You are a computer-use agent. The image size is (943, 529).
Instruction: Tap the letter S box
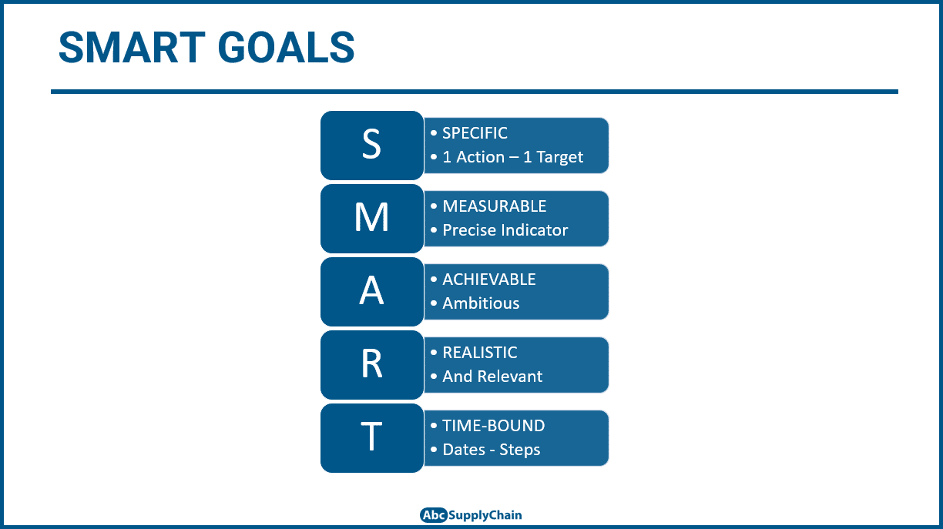pyautogui.click(x=371, y=145)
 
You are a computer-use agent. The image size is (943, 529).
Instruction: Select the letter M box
pyautogui.click(x=371, y=218)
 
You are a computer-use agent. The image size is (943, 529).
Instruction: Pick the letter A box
pyautogui.click(x=371, y=291)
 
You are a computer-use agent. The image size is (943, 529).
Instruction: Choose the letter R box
pyautogui.click(x=371, y=364)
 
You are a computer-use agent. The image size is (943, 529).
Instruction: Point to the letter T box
pyautogui.click(x=371, y=437)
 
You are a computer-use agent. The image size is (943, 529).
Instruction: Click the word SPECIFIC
pyautogui.click(x=475, y=133)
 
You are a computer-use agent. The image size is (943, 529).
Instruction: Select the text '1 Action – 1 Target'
pyautogui.click(x=512, y=157)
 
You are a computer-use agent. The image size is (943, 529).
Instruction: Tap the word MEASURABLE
pyautogui.click(x=494, y=206)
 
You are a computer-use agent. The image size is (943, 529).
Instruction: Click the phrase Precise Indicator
pyautogui.click(x=505, y=230)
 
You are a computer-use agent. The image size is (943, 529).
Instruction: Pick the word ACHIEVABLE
pyautogui.click(x=488, y=280)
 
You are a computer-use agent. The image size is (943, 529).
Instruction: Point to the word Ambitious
pyautogui.click(x=481, y=303)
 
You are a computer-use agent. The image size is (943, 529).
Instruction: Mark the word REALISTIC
pyautogui.click(x=479, y=353)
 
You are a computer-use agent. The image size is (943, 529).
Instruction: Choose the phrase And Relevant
pyautogui.click(x=492, y=377)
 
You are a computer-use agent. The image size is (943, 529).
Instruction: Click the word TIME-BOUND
pyautogui.click(x=493, y=426)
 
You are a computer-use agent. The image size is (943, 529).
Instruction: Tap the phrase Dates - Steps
pyautogui.click(x=491, y=450)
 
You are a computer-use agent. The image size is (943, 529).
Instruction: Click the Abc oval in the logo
pyautogui.click(x=434, y=515)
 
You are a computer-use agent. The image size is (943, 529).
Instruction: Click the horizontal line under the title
pyautogui.click(x=474, y=92)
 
